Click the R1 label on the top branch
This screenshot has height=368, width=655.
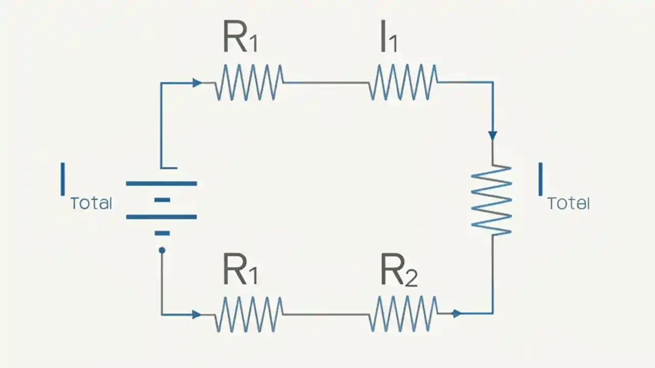[x=240, y=38]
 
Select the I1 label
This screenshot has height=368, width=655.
[x=388, y=38]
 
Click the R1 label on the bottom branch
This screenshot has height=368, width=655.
[x=240, y=271]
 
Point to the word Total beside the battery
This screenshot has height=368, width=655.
[x=91, y=203]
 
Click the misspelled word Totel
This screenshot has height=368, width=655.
[x=569, y=204]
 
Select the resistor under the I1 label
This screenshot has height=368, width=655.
[x=403, y=82]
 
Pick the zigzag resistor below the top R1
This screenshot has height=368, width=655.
[x=249, y=82]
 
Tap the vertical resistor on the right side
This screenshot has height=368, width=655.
[x=492, y=200]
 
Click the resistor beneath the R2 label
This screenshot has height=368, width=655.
[x=403, y=314]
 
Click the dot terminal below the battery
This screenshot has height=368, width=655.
[x=162, y=250]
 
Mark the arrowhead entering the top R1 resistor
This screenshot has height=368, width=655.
[x=197, y=83]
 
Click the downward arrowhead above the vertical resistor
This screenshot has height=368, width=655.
[x=492, y=135]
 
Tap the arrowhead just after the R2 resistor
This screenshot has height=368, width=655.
[x=456, y=313]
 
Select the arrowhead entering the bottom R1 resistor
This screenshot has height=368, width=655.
[x=196, y=314]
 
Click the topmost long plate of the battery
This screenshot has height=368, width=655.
[x=161, y=183]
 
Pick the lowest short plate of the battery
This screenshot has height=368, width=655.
[x=162, y=233]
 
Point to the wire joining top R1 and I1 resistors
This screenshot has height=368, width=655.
[x=326, y=83]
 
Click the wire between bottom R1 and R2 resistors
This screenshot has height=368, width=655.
[x=326, y=314]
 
